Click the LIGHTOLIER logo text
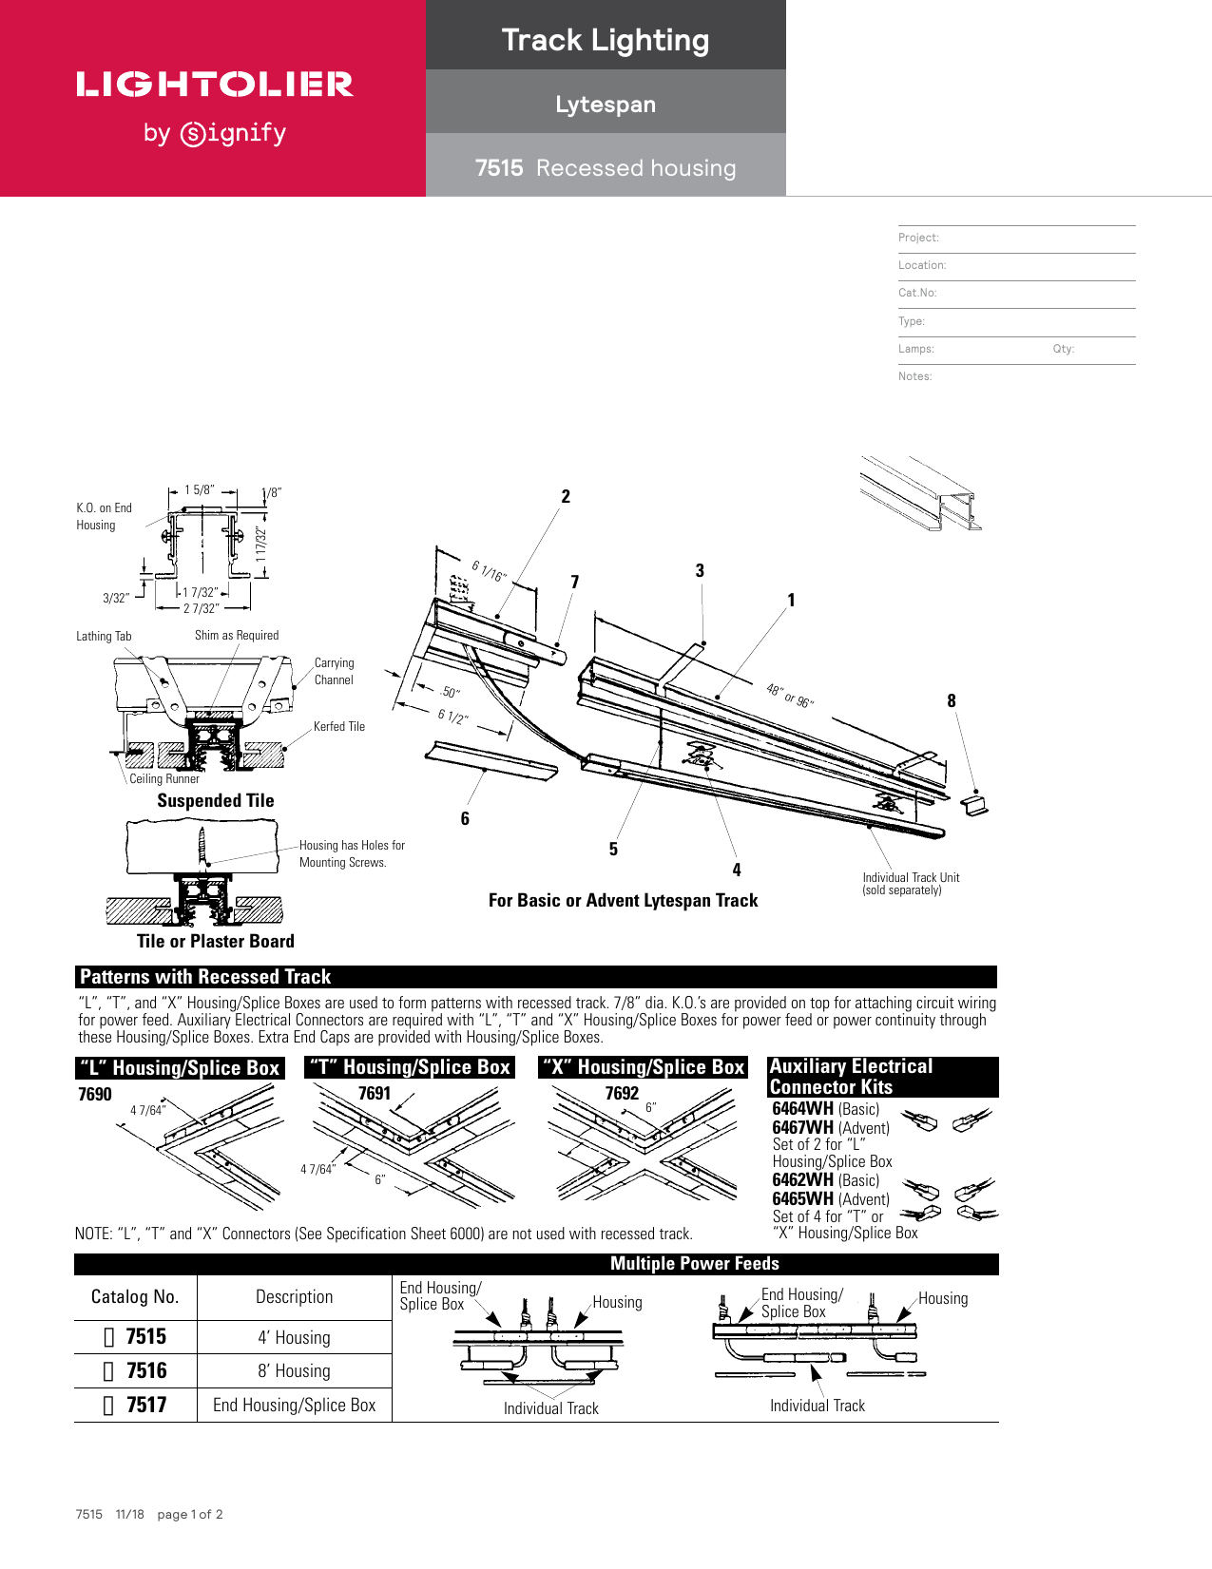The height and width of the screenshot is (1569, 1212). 215,85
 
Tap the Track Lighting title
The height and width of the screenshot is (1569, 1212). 606,40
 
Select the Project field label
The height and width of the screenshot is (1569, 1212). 918,238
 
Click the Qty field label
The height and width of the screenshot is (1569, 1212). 1063,349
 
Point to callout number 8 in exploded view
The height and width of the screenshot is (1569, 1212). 951,701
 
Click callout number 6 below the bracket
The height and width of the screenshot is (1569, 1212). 465,818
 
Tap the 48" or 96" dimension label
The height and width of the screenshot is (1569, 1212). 790,695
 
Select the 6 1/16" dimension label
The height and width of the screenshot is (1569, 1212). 490,571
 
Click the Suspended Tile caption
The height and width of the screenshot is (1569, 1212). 216,801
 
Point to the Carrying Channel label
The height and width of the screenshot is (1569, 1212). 334,671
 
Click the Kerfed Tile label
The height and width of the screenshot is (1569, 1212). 338,726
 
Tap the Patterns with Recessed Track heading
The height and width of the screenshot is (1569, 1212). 205,977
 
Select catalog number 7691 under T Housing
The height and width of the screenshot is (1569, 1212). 375,1093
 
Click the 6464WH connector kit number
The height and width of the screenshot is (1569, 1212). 802,1108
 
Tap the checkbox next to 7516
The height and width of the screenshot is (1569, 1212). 108,1371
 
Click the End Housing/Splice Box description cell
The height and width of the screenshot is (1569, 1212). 294,1405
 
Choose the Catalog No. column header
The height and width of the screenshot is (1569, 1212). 134,1297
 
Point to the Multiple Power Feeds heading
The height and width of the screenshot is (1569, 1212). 694,1264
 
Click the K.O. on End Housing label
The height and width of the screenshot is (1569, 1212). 104,516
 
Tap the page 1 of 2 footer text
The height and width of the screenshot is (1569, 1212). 190,1514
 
